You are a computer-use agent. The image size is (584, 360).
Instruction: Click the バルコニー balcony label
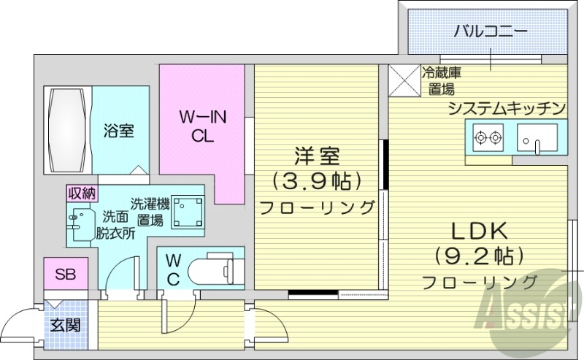[x=491, y=31]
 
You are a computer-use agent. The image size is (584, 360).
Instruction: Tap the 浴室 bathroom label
[x=118, y=131]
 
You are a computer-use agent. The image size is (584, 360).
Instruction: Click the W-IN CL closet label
[x=202, y=126]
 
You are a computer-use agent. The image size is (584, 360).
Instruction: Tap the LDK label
[x=478, y=232]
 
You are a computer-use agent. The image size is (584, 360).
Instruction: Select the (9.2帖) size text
[x=478, y=256]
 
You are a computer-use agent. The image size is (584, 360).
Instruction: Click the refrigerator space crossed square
[x=404, y=81]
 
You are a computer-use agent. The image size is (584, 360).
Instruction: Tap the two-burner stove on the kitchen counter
[x=488, y=137]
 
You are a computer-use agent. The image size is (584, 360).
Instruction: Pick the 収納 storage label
[x=82, y=193]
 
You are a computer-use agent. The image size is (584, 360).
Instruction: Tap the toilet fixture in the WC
[x=216, y=271]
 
